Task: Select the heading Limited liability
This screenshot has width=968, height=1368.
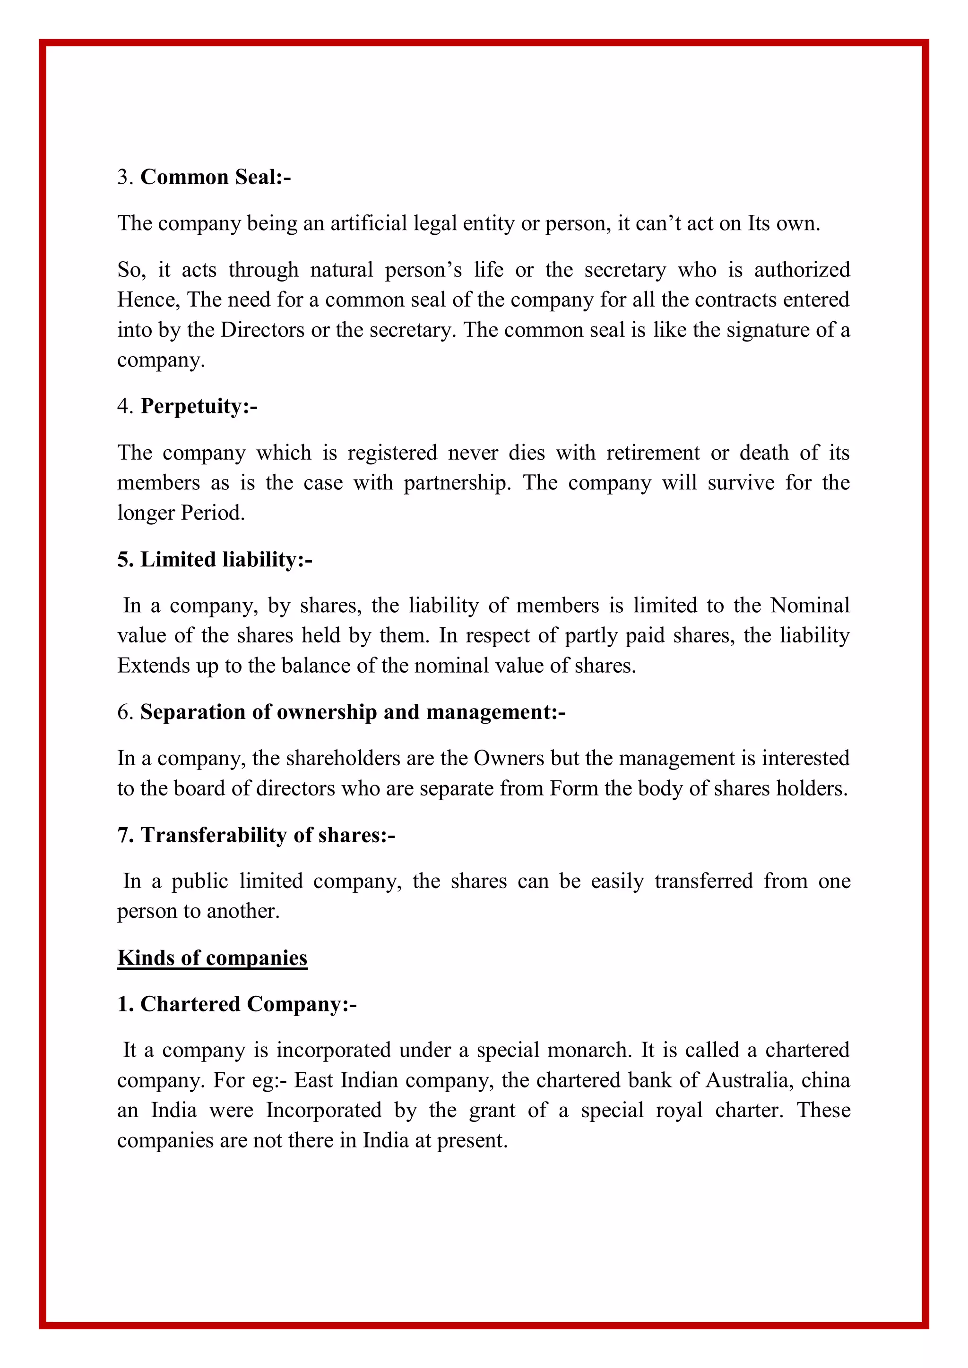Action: (215, 559)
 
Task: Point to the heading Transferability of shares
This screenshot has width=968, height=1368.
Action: (256, 835)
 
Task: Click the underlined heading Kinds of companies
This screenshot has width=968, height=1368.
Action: (212, 958)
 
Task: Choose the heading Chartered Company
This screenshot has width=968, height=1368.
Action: (237, 1004)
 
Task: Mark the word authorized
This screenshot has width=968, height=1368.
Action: (802, 269)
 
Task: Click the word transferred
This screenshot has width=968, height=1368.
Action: (703, 880)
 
